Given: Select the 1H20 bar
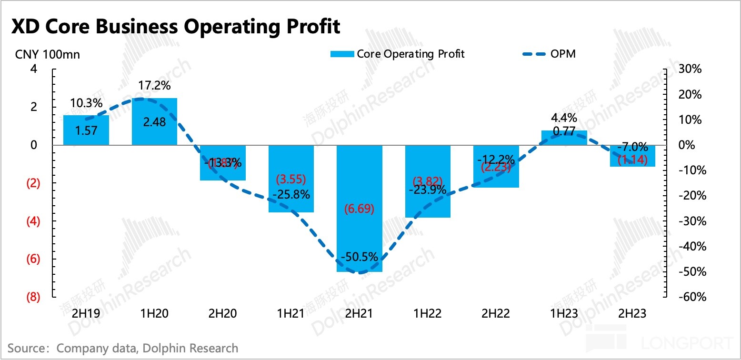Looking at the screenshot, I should point(154,121).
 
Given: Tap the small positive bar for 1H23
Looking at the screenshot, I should point(565,138).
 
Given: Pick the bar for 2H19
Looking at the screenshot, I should point(86,130).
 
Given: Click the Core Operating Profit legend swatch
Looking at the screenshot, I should point(342,54).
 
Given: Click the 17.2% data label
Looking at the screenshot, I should point(154,86).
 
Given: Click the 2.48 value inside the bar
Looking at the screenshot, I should point(154,122).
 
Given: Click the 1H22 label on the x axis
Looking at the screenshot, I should point(427,314).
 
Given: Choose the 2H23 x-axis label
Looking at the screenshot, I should point(632,314).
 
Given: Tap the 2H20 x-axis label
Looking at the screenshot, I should point(222,314).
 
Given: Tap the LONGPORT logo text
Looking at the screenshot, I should point(688,343).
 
